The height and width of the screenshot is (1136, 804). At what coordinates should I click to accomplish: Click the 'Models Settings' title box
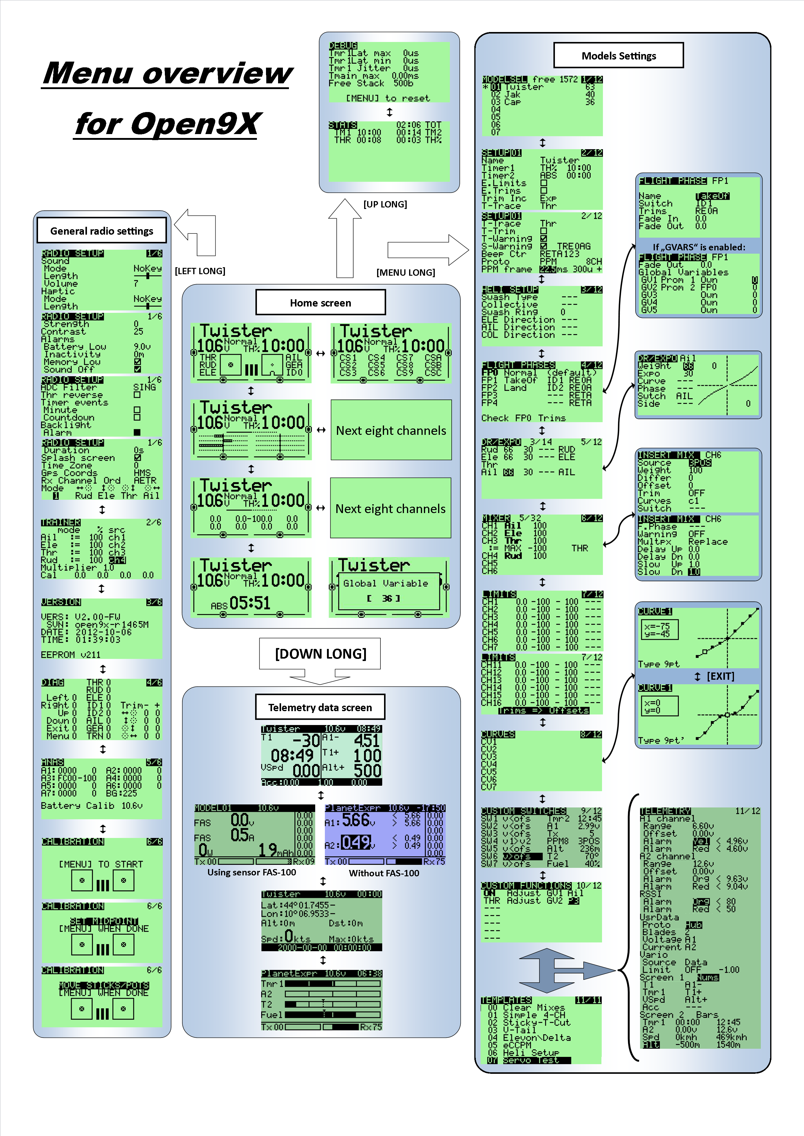[x=618, y=56]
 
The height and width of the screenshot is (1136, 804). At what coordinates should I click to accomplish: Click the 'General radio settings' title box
[x=101, y=231]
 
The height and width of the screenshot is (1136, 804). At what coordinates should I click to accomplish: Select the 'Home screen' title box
[x=320, y=303]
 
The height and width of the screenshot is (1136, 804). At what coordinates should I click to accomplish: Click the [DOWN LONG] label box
[x=320, y=654]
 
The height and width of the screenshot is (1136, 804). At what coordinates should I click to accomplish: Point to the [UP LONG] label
[x=385, y=204]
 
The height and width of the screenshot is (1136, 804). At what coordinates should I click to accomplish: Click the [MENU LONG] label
[x=405, y=272]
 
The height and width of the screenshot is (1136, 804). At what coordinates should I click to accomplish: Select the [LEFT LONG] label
[x=200, y=271]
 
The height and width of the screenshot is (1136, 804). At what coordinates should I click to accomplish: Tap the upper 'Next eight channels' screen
[x=391, y=430]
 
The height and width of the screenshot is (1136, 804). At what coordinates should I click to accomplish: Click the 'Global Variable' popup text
[x=385, y=583]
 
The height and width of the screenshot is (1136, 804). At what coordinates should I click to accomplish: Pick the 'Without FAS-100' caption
[x=384, y=873]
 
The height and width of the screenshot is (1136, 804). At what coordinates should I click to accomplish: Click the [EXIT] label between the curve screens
[x=720, y=676]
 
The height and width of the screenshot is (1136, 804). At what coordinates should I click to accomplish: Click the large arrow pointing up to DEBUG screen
[x=345, y=238]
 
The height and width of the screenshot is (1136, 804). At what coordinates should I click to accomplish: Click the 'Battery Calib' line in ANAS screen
[x=91, y=806]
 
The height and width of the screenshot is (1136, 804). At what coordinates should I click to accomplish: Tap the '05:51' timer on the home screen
[x=250, y=603]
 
